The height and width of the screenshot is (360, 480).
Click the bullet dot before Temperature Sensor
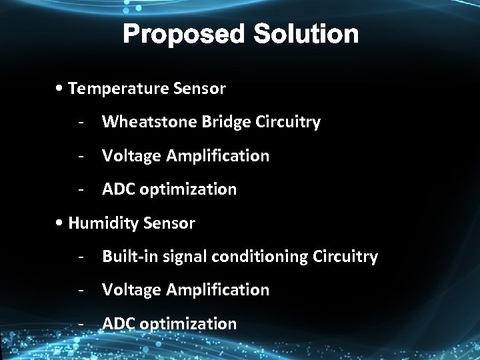(x=61, y=89)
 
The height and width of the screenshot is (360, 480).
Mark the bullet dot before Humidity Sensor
(x=61, y=223)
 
